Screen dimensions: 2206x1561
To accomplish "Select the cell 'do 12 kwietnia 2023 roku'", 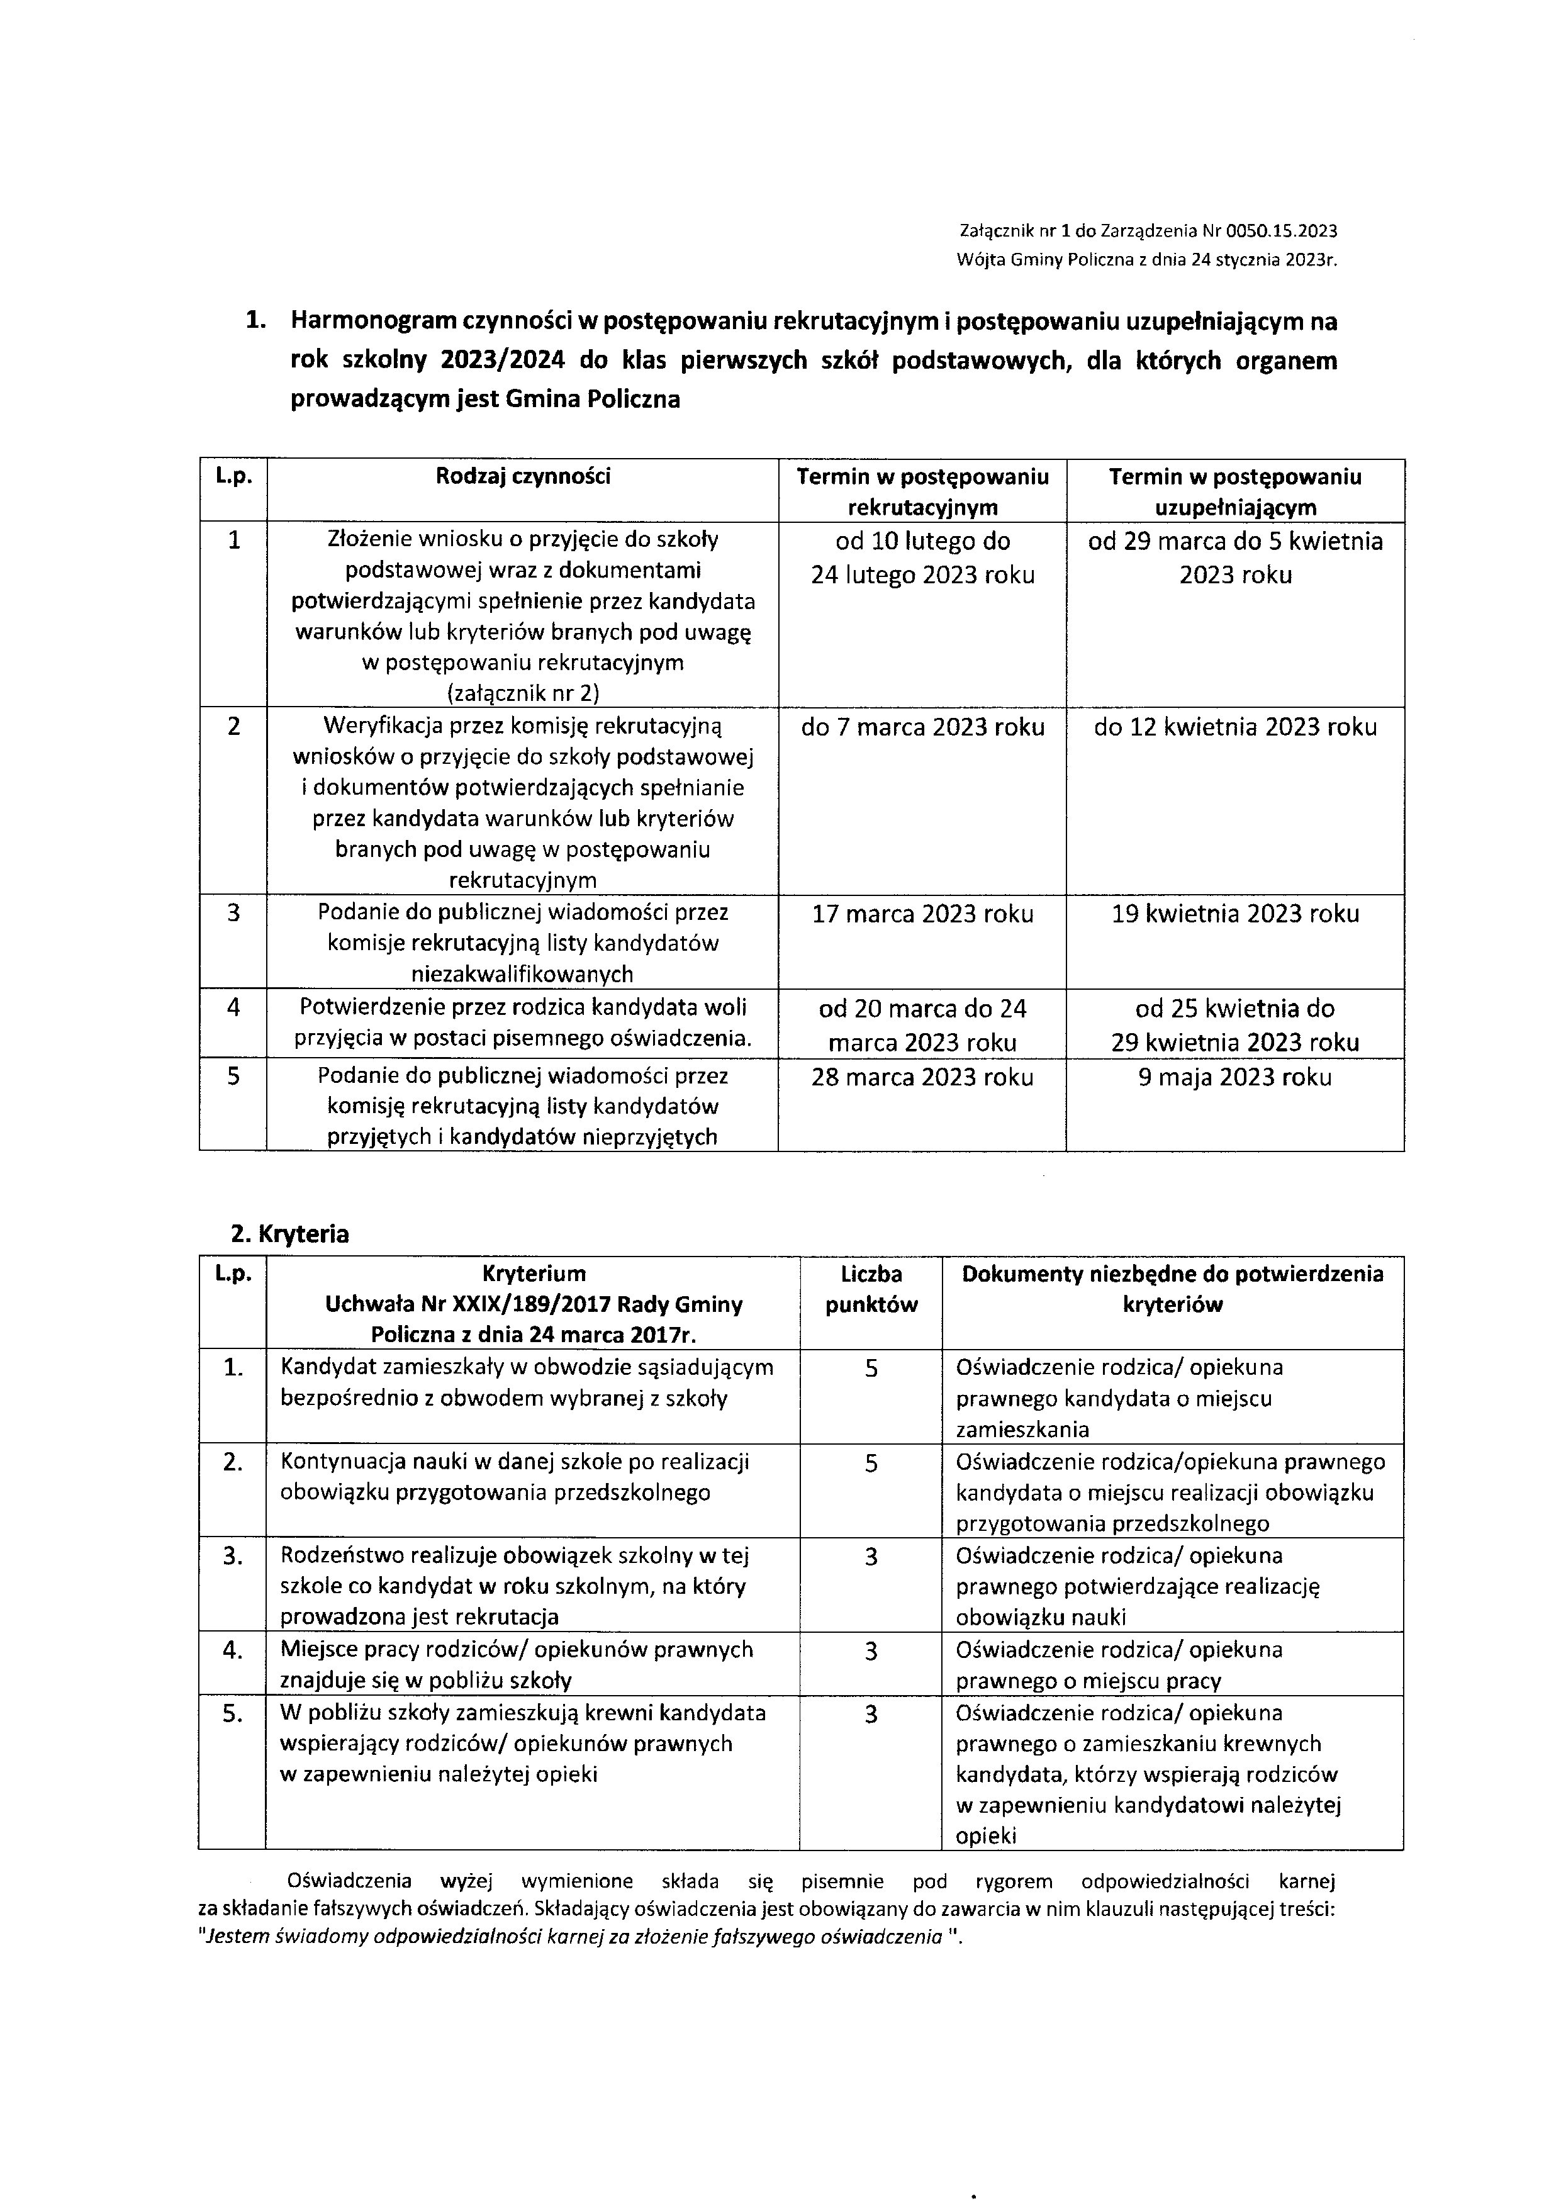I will (x=1234, y=727).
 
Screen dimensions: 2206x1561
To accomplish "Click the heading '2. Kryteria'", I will (x=284, y=1235).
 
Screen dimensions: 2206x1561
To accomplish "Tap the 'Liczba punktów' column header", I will (x=871, y=1289).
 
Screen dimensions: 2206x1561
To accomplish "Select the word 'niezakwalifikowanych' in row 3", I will (x=522, y=974).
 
